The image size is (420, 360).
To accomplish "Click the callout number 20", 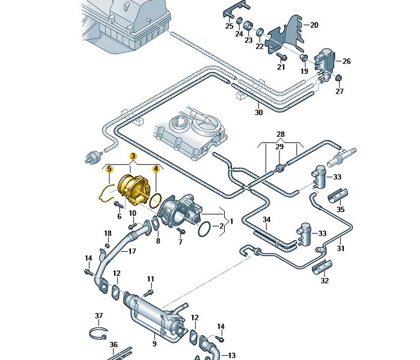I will [x=314, y=25].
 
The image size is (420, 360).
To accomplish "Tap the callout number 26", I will [x=346, y=61].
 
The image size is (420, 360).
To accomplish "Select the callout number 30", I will [x=259, y=112].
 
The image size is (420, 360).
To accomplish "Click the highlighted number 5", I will [x=109, y=169].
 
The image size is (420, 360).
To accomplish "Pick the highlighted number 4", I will [x=155, y=169].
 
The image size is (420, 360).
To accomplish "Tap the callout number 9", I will [x=154, y=344].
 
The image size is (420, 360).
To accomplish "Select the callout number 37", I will [x=99, y=316].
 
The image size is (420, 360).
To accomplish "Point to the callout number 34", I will [x=267, y=220].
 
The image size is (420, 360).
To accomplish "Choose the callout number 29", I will [x=279, y=147].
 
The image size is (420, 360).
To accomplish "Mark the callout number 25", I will [x=230, y=26].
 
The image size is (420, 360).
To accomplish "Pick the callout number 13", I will [x=232, y=355].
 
